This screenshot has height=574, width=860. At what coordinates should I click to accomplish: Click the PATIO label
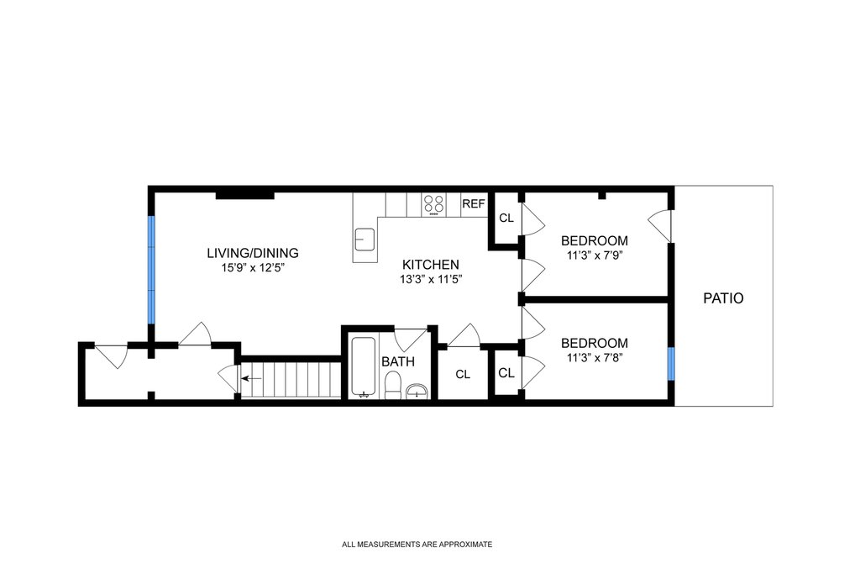point(723,298)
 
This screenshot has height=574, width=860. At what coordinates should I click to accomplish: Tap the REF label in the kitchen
point(474,204)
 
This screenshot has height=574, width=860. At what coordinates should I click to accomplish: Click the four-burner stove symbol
point(434,205)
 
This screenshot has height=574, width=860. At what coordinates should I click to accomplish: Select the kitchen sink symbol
point(364,240)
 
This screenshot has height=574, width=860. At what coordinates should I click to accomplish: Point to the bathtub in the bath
point(363,366)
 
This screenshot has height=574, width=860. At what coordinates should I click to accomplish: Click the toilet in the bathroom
point(393,385)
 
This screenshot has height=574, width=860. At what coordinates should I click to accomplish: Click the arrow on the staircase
point(251,378)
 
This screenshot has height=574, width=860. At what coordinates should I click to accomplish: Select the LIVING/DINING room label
point(253,253)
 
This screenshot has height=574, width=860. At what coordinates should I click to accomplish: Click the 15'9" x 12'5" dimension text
point(253,268)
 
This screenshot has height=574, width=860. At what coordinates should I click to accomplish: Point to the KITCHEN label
point(431,265)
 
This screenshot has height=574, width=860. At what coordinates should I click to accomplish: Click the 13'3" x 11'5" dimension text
point(431,279)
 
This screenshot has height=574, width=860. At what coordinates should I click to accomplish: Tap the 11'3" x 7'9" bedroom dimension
point(595,255)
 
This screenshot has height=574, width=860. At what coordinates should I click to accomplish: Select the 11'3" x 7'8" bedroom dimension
point(595,358)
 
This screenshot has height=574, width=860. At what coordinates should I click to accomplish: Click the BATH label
point(398,361)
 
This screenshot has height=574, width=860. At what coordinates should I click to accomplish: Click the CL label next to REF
point(506,218)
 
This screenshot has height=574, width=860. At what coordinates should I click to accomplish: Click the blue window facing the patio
point(671,364)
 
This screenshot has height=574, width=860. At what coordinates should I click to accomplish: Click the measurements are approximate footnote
point(417,545)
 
